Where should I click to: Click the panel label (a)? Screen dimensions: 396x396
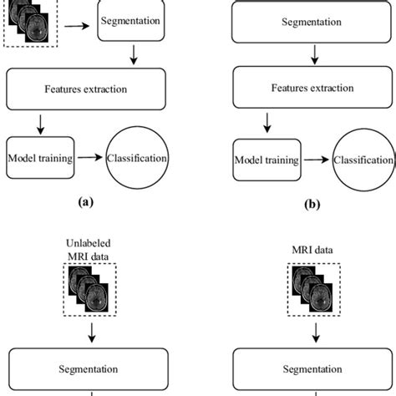pyautogui.click(x=88, y=201)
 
